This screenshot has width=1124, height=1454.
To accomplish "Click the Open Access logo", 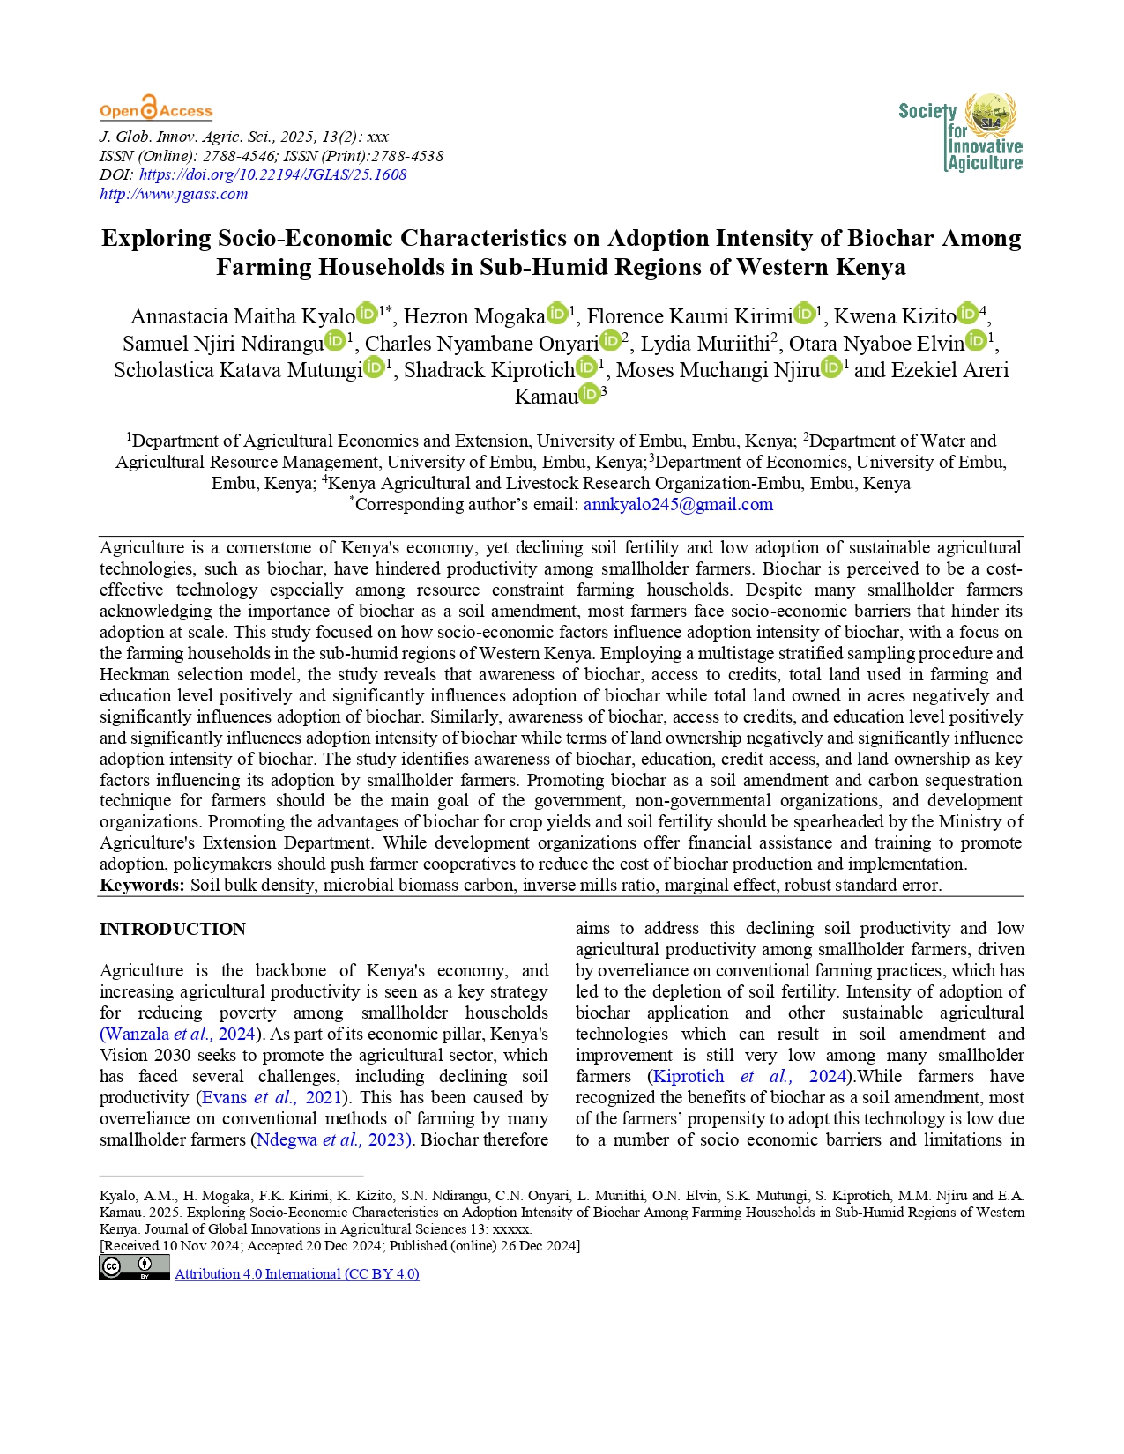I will [156, 109].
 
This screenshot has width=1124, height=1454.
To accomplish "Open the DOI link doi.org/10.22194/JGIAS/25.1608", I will [272, 174].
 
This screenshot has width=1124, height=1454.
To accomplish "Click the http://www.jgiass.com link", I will [174, 194].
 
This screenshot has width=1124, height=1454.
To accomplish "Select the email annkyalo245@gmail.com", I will [678, 505].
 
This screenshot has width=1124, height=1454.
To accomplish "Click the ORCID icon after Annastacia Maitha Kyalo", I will [367, 314].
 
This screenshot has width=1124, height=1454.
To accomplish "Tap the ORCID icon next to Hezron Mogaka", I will [557, 314].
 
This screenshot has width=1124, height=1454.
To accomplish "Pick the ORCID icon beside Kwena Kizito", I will [967, 314].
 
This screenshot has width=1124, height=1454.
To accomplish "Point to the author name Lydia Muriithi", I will [705, 344].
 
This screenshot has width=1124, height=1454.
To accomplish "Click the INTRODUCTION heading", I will [173, 929].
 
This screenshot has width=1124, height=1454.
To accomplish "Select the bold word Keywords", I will [142, 885].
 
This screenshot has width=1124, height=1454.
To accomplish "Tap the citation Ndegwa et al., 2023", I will [333, 1139].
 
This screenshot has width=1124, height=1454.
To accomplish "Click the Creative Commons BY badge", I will [134, 1267].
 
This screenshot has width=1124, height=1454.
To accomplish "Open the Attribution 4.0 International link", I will [297, 1274].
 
